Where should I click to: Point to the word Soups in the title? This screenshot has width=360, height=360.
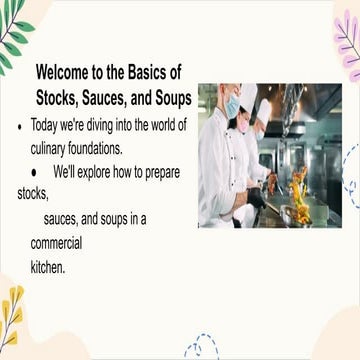tap(169, 98)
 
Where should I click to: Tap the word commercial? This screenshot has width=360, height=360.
tap(56, 243)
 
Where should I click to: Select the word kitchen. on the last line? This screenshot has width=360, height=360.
tap(48, 267)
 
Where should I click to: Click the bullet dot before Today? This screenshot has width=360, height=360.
tap(20, 128)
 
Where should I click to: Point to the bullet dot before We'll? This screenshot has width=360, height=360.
tap(33, 171)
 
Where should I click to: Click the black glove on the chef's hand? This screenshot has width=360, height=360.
tap(256, 196)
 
